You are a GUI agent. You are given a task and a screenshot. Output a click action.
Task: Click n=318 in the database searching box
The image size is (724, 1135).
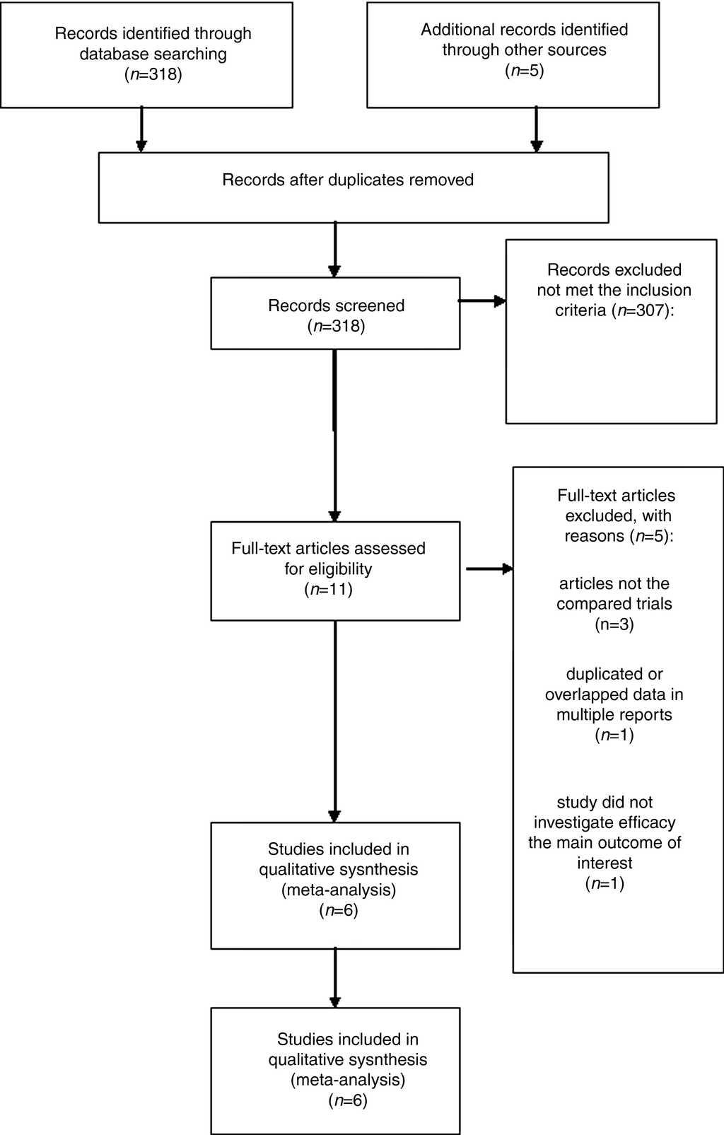(x=153, y=74)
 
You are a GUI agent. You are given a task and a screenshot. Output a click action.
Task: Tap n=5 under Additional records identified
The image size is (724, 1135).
(x=524, y=71)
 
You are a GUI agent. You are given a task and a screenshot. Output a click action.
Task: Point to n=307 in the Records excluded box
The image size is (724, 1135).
(x=641, y=310)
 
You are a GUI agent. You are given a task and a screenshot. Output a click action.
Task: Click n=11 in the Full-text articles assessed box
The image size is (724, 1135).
(x=328, y=589)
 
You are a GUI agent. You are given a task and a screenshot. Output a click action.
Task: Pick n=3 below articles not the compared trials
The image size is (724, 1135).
(x=614, y=624)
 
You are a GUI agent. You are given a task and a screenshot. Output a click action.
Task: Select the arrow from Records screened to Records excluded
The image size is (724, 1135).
(x=482, y=301)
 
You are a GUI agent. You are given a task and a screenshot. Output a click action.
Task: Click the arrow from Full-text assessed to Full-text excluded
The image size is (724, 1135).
(x=489, y=569)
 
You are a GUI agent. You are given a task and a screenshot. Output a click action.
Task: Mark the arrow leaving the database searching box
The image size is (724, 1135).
(x=141, y=129)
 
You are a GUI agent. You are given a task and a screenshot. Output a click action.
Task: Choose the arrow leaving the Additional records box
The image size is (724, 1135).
(x=537, y=129)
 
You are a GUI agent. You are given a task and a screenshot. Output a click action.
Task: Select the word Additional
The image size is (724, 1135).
(x=454, y=30)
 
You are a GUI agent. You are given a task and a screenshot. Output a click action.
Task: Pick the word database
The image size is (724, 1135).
(x=114, y=54)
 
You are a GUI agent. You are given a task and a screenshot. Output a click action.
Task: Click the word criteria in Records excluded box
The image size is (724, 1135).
(x=581, y=310)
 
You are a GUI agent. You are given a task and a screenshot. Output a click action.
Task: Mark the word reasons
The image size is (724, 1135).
(x=594, y=536)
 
